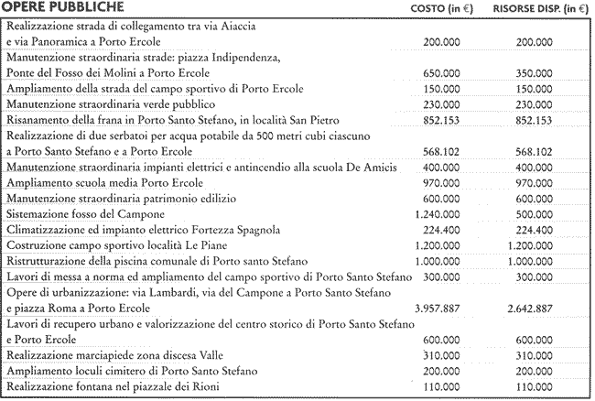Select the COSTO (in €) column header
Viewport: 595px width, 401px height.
[x=443, y=9]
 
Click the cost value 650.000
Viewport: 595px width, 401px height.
[x=443, y=73]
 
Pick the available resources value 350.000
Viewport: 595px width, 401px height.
[x=535, y=73]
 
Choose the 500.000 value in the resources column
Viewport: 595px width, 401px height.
[x=535, y=213]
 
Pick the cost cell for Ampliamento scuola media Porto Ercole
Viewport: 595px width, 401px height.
[x=443, y=182]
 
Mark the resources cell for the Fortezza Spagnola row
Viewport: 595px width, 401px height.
[x=535, y=229]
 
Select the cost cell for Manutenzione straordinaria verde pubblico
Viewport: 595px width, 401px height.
[x=443, y=104]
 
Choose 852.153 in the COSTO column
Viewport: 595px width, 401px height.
[x=443, y=120]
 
